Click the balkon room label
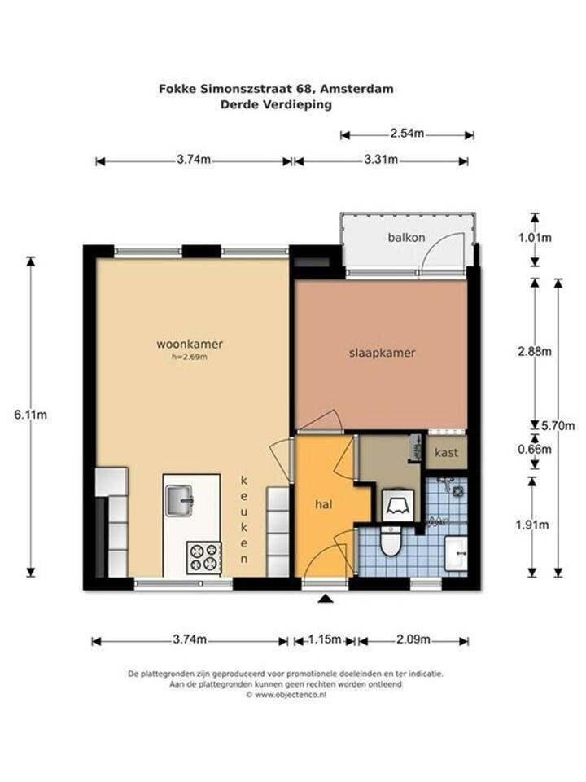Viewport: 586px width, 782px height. (407, 237)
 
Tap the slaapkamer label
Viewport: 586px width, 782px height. (383, 353)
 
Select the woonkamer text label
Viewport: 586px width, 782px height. (190, 344)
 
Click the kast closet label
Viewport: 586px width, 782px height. (447, 452)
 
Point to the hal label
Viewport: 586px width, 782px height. (324, 504)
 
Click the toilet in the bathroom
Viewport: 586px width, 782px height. (390, 540)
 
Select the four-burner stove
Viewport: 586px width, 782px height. (204, 556)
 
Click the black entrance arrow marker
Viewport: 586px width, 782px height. (326, 599)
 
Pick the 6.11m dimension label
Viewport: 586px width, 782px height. (30, 415)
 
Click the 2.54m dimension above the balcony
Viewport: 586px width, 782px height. (407, 134)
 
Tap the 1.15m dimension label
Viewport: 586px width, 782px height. (324, 639)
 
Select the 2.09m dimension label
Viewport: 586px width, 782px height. (413, 639)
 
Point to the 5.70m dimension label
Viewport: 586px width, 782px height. (558, 426)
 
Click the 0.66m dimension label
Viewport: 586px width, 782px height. (535, 450)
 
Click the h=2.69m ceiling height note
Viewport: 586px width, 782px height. (190, 357)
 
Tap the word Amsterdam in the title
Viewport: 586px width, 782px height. (356, 89)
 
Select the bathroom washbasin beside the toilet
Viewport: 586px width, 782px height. (456, 553)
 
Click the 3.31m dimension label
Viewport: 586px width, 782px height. (381, 160)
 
